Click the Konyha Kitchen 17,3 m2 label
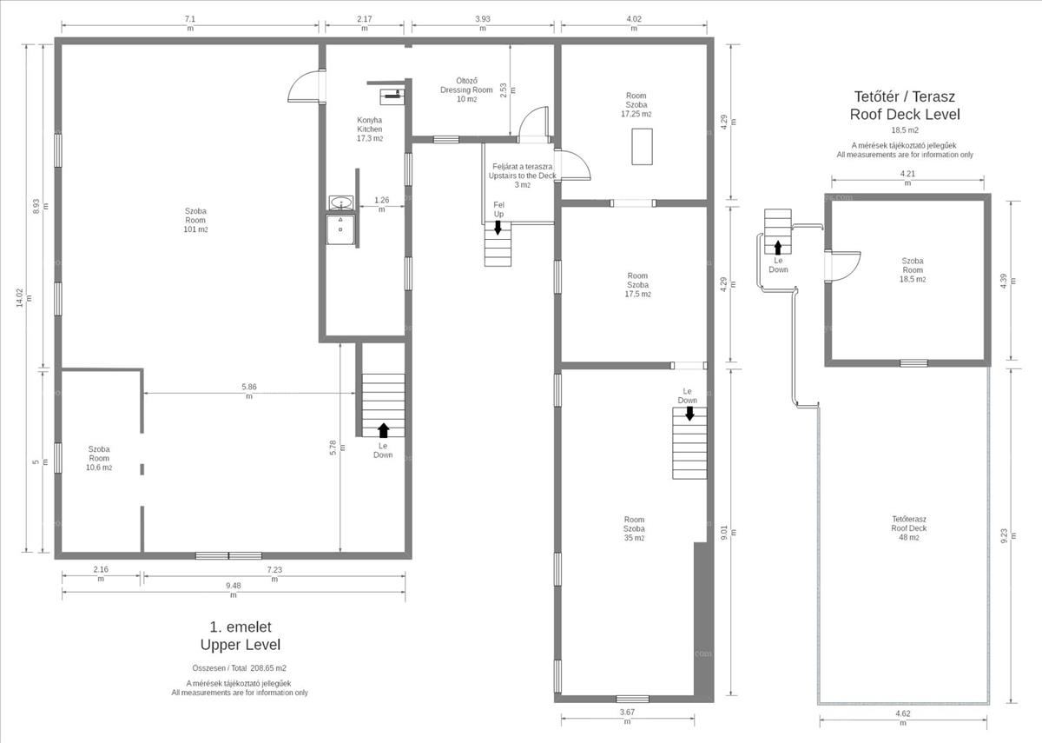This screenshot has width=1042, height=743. tap(370, 129)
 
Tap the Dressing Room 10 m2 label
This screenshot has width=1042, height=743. tap(466, 90)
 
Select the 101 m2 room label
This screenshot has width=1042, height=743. tap(195, 220)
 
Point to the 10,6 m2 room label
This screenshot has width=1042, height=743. tap(99, 458)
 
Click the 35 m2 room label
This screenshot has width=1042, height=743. tap(634, 528)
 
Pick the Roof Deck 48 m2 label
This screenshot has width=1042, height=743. tap(909, 528)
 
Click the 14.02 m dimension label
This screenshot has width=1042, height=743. tap(24, 298)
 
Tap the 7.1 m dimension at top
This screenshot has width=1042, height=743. tap(190, 23)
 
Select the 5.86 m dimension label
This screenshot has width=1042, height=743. tap(249, 391)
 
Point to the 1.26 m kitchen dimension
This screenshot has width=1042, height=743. tap(381, 204)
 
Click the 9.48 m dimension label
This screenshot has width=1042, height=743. tap(234, 590)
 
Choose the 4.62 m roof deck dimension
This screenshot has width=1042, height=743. tap(903, 718)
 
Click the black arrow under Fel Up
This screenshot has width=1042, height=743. tap(498, 228)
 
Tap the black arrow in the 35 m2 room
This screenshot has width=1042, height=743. tap(689, 414)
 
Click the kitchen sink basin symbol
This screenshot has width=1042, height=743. tap(340, 203)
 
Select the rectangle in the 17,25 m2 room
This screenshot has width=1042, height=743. tap(642, 147)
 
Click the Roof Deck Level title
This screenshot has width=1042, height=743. tap(905, 114)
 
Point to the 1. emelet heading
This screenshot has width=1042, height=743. tap(241, 627)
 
